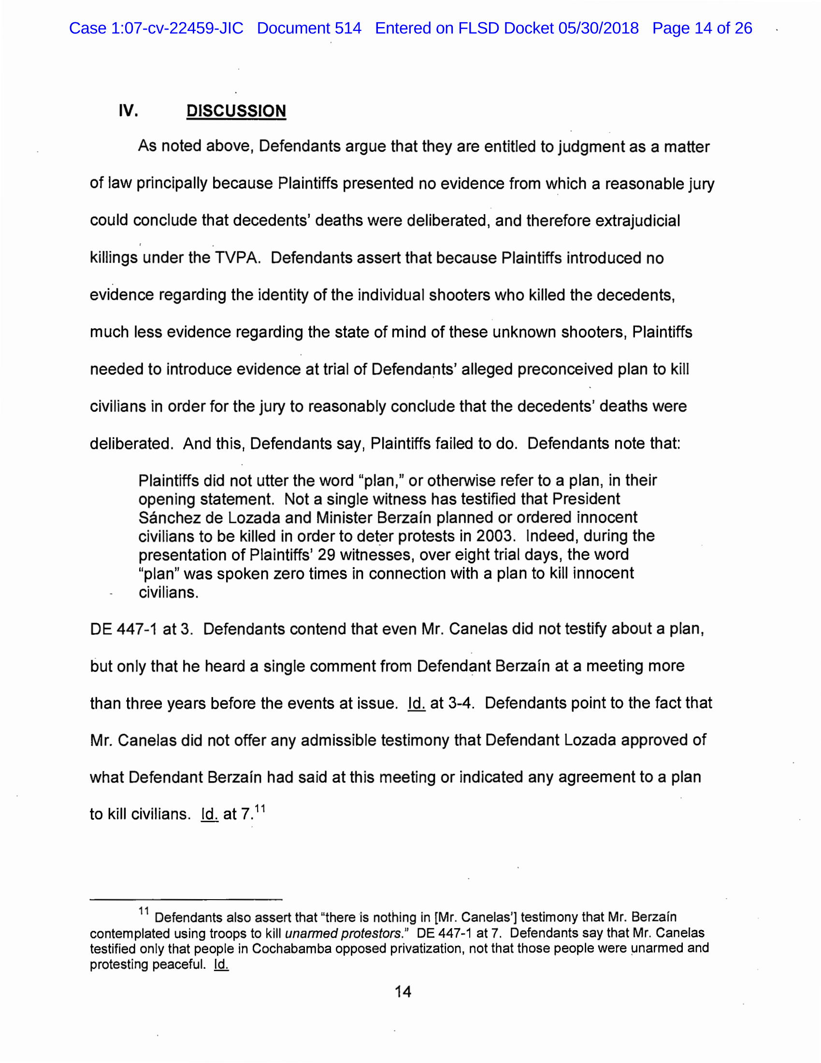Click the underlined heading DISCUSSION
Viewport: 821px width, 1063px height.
(x=236, y=111)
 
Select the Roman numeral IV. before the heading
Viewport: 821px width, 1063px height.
(x=129, y=111)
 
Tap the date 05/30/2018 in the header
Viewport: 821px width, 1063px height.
(x=598, y=28)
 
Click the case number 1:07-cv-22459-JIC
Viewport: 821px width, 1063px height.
(x=177, y=28)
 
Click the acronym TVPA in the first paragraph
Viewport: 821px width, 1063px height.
(x=235, y=258)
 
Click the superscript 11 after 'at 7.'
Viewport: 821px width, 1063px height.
(x=260, y=808)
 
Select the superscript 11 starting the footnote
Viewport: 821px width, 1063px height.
(x=144, y=911)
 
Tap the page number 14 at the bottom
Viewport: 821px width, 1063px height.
(x=403, y=991)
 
